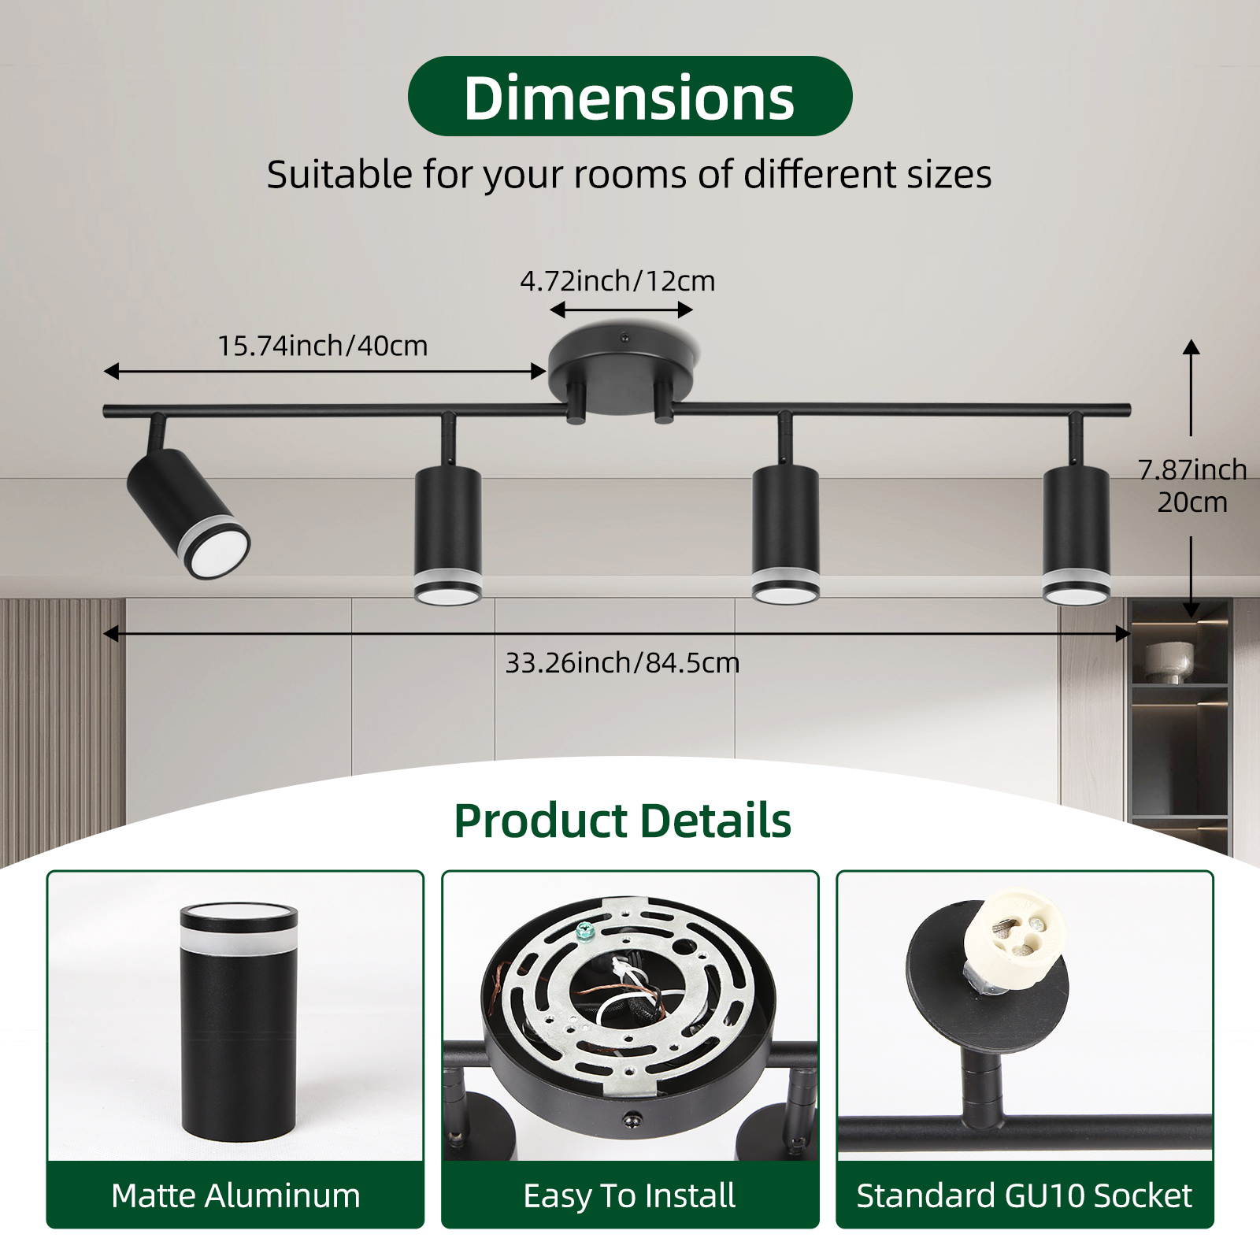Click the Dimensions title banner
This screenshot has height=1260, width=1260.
pyautogui.click(x=630, y=96)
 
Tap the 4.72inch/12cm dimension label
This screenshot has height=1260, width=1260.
pyautogui.click(x=617, y=281)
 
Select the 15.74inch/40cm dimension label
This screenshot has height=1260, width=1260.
pyautogui.click(x=322, y=346)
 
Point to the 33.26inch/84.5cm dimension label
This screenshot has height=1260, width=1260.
pyautogui.click(x=622, y=663)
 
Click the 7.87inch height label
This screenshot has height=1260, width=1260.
pyautogui.click(x=1192, y=469)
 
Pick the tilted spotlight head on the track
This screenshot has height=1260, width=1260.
pyautogui.click(x=188, y=513)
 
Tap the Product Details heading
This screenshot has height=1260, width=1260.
pyautogui.click(x=622, y=821)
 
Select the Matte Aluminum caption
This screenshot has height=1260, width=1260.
pyautogui.click(x=235, y=1195)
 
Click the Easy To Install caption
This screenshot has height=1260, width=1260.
pyautogui.click(x=629, y=1195)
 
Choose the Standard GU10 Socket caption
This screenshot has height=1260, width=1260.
pyautogui.click(x=1025, y=1195)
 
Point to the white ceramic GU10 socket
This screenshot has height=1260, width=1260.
pyautogui.click(x=1014, y=934)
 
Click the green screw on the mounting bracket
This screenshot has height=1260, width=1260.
pyautogui.click(x=584, y=932)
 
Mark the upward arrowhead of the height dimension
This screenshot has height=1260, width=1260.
pyautogui.click(x=1191, y=347)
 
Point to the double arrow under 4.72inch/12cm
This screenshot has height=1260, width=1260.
pyautogui.click(x=621, y=309)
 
